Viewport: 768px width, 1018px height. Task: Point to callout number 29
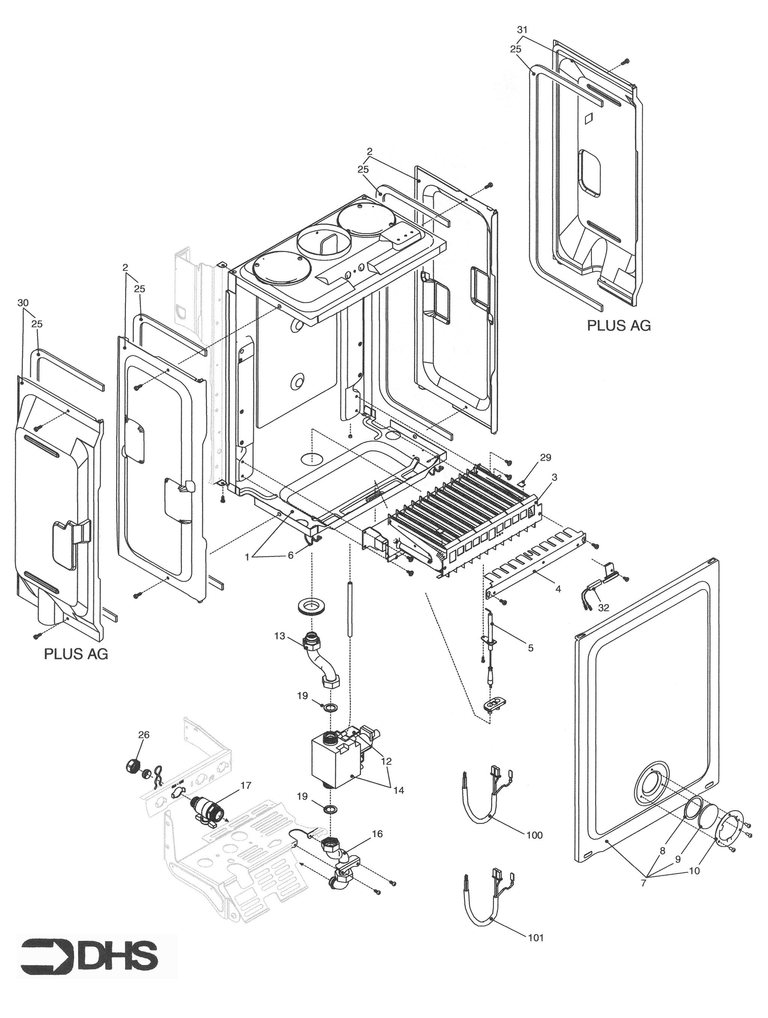(x=545, y=457)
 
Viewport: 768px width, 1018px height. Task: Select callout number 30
(x=23, y=303)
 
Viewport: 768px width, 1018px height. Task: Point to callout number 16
(x=377, y=834)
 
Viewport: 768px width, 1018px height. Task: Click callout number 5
(x=530, y=648)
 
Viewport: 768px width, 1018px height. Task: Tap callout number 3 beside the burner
(x=554, y=478)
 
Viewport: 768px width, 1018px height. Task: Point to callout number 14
(x=398, y=790)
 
